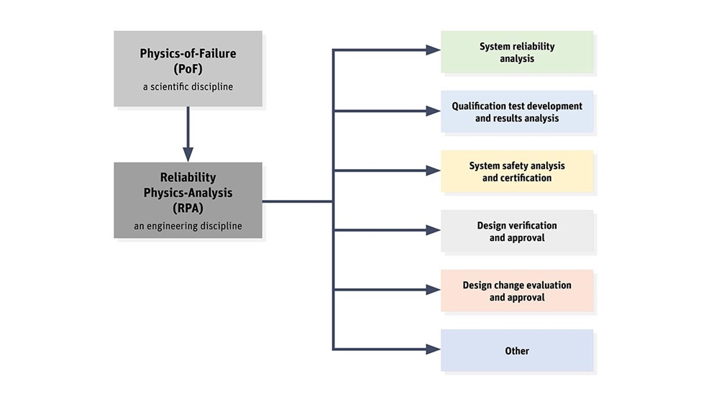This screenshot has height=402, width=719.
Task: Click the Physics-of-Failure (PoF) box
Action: coord(188,68)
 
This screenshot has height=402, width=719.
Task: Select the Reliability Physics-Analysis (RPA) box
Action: coord(188,200)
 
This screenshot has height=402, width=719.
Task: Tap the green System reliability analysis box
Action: coord(517,52)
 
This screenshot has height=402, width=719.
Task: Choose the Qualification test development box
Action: coord(517,111)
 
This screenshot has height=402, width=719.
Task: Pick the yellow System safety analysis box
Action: coord(517,171)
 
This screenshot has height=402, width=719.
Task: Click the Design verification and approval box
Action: coord(517,231)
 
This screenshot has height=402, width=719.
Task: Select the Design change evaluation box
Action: coord(517,291)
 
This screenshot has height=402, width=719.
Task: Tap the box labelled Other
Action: coord(517,351)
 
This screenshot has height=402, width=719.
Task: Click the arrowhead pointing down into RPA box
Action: coord(188,154)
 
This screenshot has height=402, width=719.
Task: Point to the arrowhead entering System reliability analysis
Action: coord(432,50)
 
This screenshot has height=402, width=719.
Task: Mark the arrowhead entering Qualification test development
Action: coord(432,111)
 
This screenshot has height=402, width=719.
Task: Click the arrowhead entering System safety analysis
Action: coord(432,170)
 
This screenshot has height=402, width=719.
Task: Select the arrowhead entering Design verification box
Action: coord(432,230)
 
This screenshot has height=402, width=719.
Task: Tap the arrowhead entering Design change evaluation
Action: coord(432,290)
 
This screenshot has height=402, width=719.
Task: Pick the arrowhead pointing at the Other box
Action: coord(432,350)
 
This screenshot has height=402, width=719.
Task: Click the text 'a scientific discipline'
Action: coord(188,87)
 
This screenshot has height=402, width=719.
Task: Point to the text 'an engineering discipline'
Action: coord(188,226)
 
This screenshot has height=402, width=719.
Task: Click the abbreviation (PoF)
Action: coord(188,69)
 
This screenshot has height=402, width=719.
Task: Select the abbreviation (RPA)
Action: coord(188,208)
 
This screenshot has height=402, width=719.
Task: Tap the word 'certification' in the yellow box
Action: coord(517,178)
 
